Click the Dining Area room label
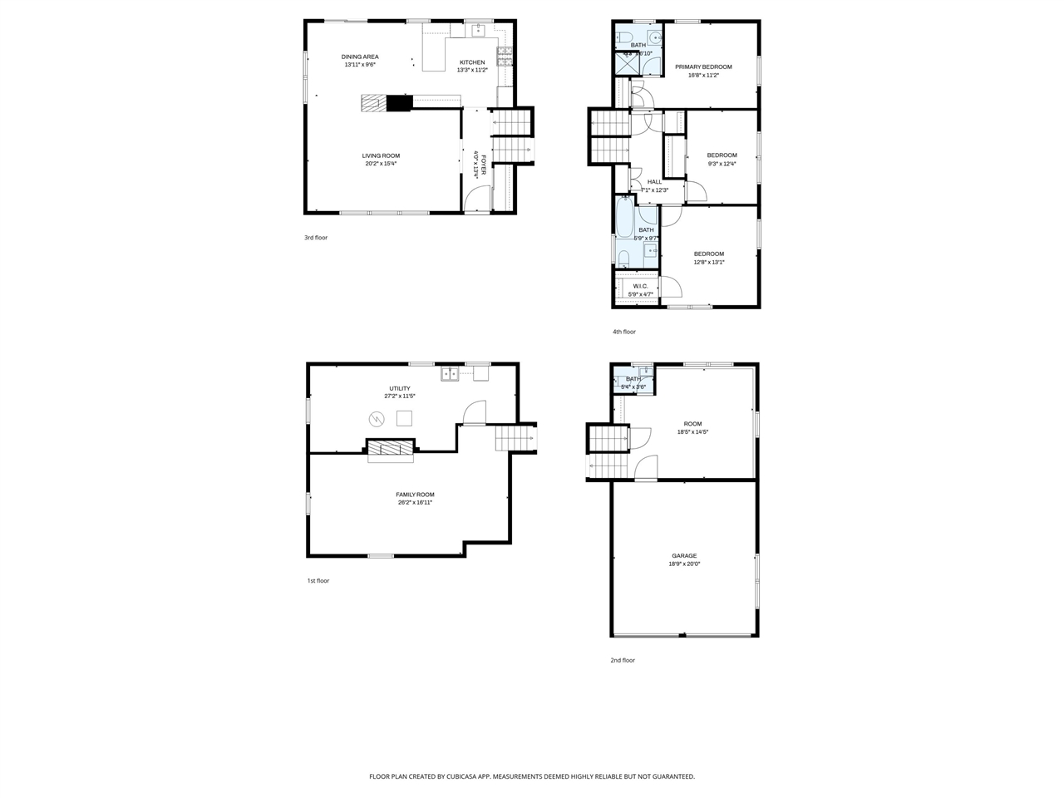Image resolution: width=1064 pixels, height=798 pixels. point(360,57)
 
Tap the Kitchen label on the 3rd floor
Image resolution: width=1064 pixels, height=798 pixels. point(472,62)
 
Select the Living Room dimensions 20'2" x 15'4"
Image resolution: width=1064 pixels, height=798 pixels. point(381,164)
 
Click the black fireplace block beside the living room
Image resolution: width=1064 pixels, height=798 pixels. point(399,102)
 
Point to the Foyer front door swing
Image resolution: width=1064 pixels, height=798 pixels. point(475,199)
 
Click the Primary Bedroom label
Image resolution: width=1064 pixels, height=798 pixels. point(703,66)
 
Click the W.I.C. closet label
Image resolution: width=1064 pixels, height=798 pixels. point(640,286)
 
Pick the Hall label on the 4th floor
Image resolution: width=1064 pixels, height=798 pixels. point(655,182)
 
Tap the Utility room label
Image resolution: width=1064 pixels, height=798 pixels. point(400,388)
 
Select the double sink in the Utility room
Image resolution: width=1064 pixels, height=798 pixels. point(450,373)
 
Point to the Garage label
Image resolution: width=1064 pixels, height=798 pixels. point(684,556)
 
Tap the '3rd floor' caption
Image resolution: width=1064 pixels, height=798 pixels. point(316,238)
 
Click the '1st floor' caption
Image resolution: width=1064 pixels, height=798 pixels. point(318,581)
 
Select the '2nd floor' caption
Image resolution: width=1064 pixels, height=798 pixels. point(623,661)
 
